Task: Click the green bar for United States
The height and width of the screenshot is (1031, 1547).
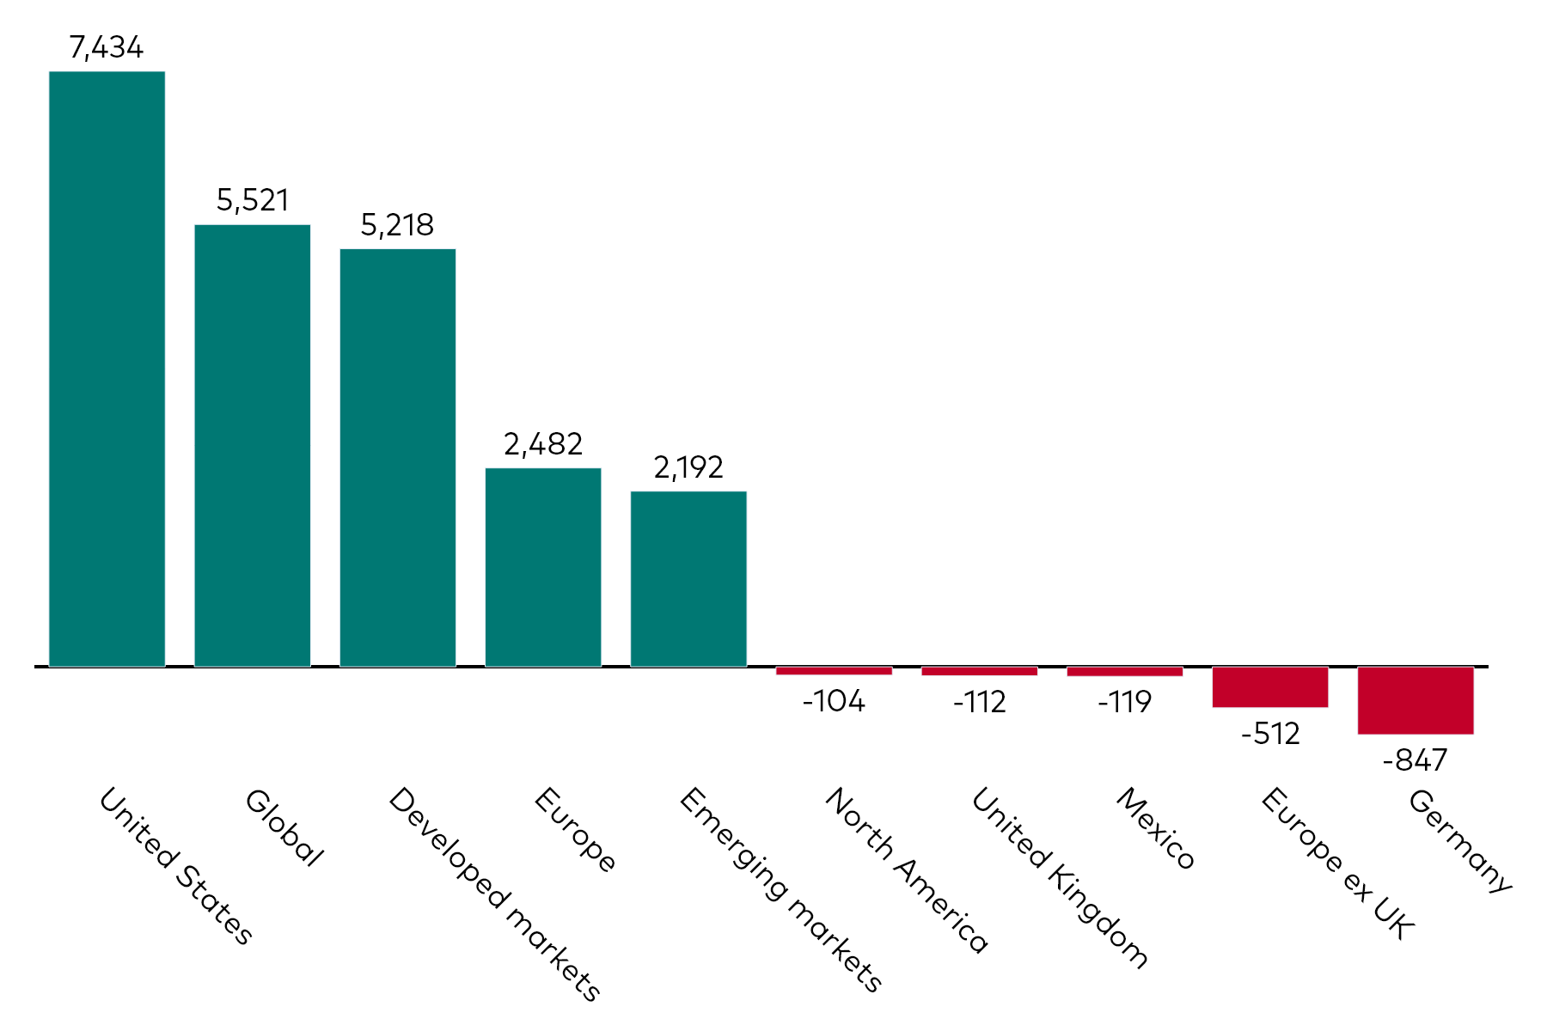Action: click(107, 369)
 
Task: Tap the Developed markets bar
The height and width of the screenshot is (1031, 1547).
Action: click(397, 457)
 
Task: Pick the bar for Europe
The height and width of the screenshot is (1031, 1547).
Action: click(542, 567)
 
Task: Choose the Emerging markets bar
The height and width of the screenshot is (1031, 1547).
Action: click(688, 578)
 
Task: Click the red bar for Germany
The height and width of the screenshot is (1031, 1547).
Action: click(1415, 700)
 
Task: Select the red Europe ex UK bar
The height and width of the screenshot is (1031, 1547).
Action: click(1269, 686)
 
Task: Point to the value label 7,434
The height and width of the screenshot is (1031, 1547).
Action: click(106, 47)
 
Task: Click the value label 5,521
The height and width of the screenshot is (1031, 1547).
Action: click(252, 200)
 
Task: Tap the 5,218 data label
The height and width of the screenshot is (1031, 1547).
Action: click(397, 225)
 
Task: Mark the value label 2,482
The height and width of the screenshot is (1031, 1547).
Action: click(542, 444)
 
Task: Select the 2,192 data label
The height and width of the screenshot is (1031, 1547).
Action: click(688, 467)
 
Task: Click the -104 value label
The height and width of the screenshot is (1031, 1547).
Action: click(833, 702)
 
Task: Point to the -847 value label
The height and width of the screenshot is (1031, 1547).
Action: click(1415, 760)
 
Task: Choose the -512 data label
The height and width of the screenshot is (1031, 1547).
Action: click(1269, 734)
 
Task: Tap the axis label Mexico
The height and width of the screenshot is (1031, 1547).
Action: click(1155, 829)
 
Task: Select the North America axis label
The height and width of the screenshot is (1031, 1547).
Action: click(907, 870)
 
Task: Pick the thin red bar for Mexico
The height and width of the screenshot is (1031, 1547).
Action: click(1124, 672)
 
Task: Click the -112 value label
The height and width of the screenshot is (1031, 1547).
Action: click(979, 703)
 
